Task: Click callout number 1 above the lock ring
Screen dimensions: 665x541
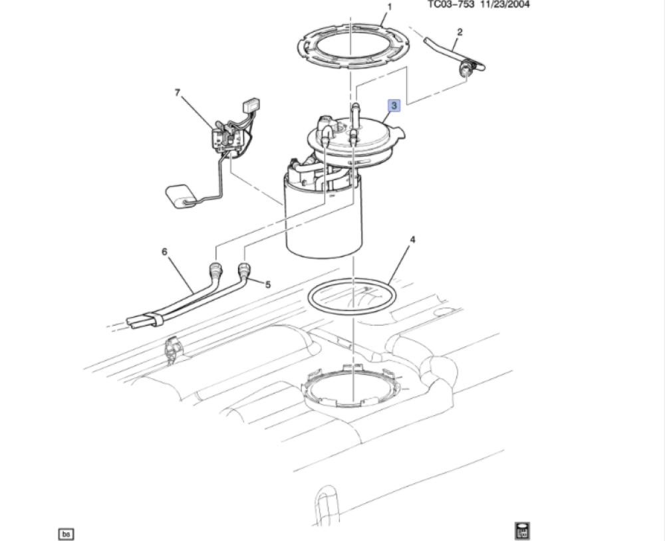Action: click(x=389, y=7)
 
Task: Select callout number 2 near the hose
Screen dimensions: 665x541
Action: click(x=460, y=32)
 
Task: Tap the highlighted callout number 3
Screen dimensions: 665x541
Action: click(x=394, y=105)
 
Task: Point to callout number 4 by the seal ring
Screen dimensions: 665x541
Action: click(x=412, y=239)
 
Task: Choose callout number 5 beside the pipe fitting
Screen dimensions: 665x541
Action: click(x=267, y=284)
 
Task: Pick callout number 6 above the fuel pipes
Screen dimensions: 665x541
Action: click(x=164, y=252)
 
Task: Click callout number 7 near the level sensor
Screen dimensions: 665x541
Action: click(x=178, y=92)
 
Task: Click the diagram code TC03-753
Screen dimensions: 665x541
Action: click(x=451, y=5)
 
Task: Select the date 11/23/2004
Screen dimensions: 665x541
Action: click(x=505, y=5)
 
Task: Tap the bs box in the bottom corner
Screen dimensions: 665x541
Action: click(x=66, y=534)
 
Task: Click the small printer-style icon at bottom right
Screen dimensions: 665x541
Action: click(x=523, y=530)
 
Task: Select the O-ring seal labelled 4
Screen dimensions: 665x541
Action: click(x=352, y=296)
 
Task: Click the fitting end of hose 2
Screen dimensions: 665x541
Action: click(x=467, y=68)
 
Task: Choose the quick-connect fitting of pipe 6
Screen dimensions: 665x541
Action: click(x=215, y=270)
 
